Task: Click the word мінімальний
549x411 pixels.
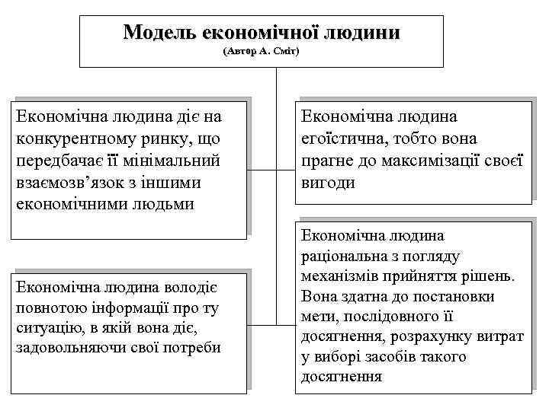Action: click(172, 161)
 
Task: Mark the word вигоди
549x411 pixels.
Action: click(328, 183)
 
